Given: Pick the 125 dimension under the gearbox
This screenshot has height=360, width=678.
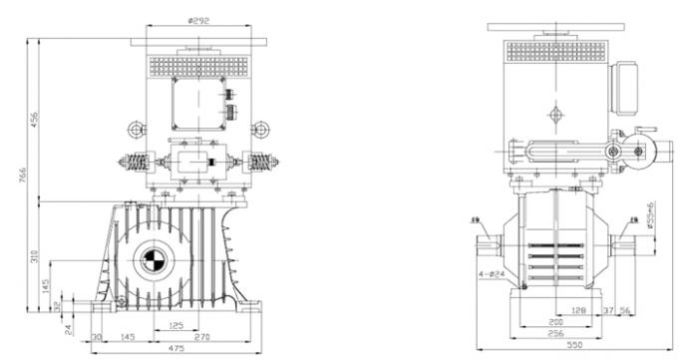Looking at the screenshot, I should click(x=175, y=325).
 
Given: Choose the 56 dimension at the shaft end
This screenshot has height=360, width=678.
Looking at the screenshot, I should click(x=627, y=310).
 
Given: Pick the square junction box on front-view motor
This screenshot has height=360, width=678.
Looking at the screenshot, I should click(x=198, y=104).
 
